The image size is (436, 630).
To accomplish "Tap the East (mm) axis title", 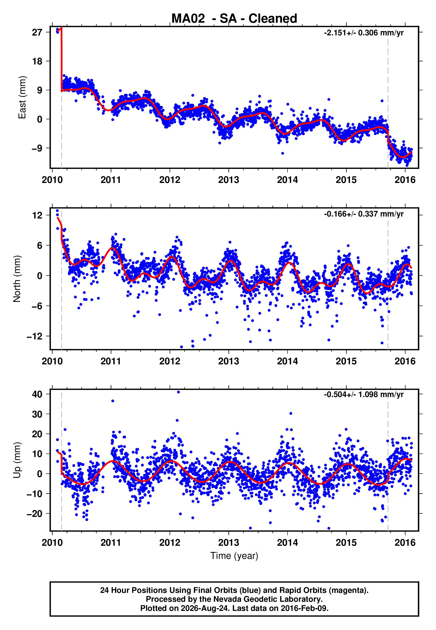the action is [x=22, y=98].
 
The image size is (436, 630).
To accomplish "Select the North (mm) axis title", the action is [x=17, y=279].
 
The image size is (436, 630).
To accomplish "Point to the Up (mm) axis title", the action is [x=17, y=460].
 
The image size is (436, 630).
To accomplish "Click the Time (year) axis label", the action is [x=234, y=556].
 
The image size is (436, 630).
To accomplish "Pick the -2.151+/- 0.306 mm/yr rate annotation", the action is [x=364, y=33].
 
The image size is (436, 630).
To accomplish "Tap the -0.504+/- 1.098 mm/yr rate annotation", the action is [x=364, y=395].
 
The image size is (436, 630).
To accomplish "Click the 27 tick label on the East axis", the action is [x=37, y=32].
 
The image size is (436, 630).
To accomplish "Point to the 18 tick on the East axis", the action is [x=37, y=62].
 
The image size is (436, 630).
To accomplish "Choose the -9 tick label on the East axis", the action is [x=37, y=148].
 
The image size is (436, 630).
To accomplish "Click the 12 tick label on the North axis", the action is [x=37, y=216].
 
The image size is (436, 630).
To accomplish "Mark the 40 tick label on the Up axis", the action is [x=37, y=394].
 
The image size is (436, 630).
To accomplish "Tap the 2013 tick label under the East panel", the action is [x=229, y=180].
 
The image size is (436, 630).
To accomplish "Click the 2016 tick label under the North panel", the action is [x=405, y=361].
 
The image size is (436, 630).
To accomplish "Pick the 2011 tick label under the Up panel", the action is [x=111, y=543].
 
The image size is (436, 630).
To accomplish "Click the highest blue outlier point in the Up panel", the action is [x=178, y=392].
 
